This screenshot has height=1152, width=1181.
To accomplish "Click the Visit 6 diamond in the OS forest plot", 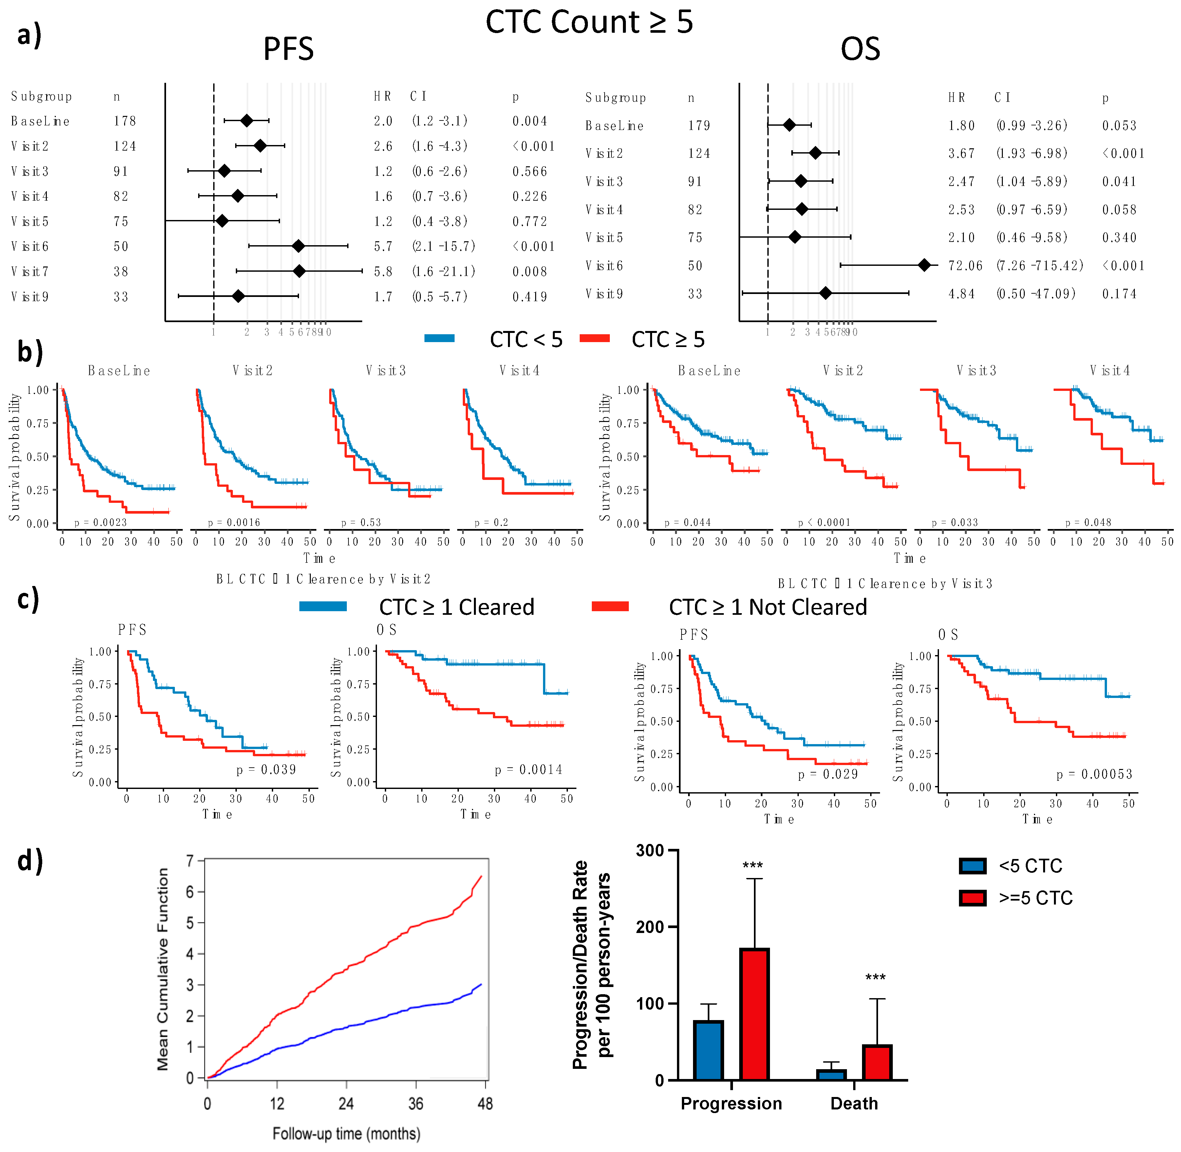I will tap(924, 265).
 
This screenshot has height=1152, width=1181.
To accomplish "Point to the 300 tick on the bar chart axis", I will tap(649, 851).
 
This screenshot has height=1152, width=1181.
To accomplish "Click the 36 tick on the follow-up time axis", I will tap(415, 1104).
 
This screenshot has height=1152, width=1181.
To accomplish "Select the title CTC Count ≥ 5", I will tap(589, 22).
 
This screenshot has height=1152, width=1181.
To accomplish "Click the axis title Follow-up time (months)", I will tap(346, 1133).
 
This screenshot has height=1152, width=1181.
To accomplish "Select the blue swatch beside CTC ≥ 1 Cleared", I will tap(323, 606).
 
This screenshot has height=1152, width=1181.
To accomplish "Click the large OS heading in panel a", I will tap(860, 49).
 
